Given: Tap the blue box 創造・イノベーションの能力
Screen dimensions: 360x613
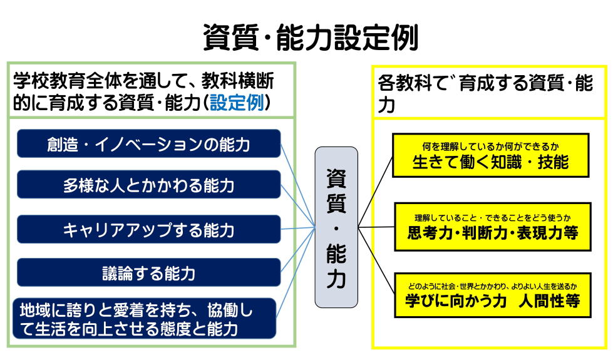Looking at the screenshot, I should click(148, 144).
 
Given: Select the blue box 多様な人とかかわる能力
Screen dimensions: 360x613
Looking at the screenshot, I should click(148, 185).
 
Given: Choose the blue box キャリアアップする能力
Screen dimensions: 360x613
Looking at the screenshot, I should click(148, 230).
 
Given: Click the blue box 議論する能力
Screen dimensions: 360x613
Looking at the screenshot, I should click(148, 273).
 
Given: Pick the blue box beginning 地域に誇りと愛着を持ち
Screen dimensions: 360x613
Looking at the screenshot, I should click(144, 319).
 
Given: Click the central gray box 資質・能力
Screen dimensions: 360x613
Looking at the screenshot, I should click(336, 227).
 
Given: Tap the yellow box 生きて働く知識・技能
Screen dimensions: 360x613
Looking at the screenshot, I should click(490, 155).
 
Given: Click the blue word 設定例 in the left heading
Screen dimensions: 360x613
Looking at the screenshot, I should click(237, 103).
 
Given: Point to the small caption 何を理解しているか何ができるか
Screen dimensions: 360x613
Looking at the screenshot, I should click(490, 147).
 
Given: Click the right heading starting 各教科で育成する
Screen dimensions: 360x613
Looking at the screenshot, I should click(485, 93).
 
